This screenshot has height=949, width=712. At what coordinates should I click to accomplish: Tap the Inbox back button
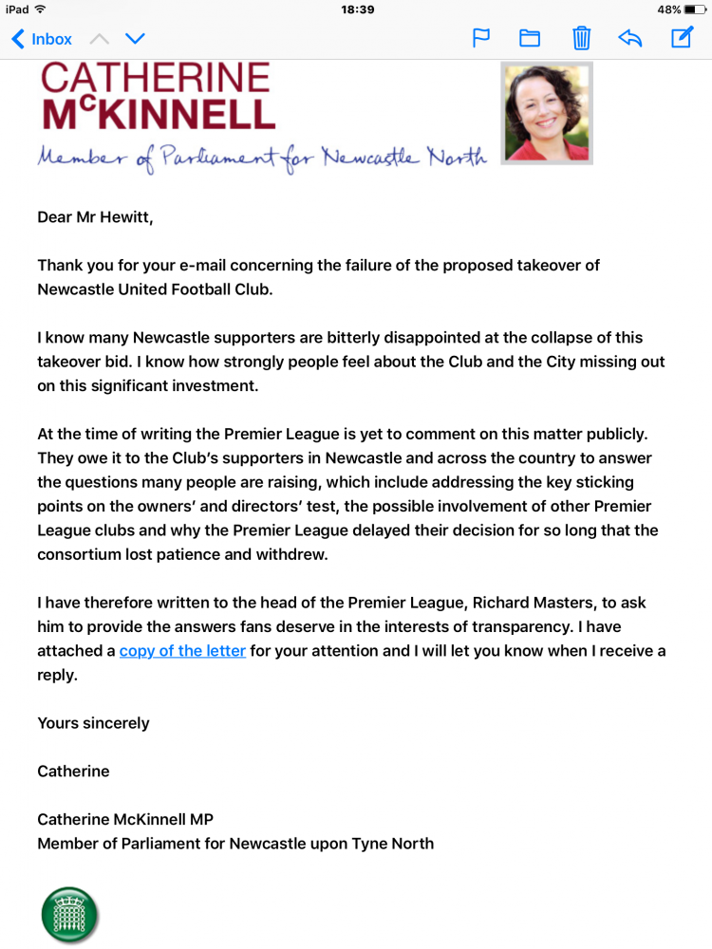pyautogui.click(x=42, y=39)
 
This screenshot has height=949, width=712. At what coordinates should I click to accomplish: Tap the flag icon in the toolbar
pyautogui.click(x=481, y=39)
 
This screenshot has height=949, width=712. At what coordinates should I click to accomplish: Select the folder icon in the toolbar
pyautogui.click(x=529, y=39)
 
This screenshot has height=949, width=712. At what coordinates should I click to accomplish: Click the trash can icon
pyautogui.click(x=581, y=39)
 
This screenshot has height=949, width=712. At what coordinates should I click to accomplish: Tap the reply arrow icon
pyautogui.click(x=629, y=39)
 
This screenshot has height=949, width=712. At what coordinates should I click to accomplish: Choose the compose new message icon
pyautogui.click(x=682, y=38)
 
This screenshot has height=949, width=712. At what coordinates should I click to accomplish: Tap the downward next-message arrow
pyautogui.click(x=135, y=39)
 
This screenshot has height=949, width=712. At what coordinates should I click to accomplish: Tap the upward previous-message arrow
pyautogui.click(x=100, y=39)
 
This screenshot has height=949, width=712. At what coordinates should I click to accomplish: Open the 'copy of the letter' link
pyautogui.click(x=182, y=651)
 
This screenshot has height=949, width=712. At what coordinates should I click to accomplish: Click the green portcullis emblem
pyautogui.click(x=70, y=915)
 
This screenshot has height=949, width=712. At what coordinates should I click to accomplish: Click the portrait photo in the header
pyautogui.click(x=547, y=113)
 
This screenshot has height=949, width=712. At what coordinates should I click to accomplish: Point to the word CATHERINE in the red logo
pyautogui.click(x=155, y=79)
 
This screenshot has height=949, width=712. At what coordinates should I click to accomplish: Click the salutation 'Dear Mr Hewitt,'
pyautogui.click(x=95, y=217)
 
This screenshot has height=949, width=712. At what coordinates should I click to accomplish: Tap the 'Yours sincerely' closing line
pyautogui.click(x=93, y=723)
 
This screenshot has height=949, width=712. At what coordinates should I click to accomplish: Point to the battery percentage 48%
pyautogui.click(x=668, y=9)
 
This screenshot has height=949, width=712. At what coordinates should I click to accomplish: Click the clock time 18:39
pyautogui.click(x=356, y=9)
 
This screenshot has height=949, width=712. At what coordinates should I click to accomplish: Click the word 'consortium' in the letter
pyautogui.click(x=81, y=555)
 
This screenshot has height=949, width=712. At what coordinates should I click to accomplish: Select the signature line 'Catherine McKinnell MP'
pyautogui.click(x=125, y=819)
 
